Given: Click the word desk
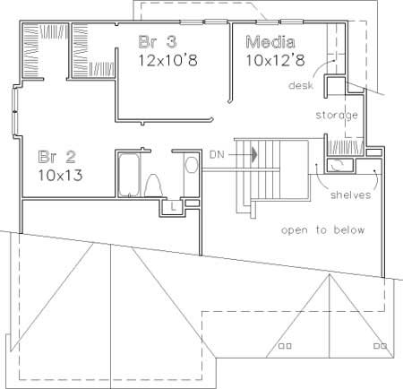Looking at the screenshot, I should click(x=299, y=85).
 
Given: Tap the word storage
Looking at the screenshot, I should click(x=337, y=116).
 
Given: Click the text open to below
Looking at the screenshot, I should click(x=323, y=230).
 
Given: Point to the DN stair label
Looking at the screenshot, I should click(x=218, y=155).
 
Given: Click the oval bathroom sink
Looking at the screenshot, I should click(x=190, y=165).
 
